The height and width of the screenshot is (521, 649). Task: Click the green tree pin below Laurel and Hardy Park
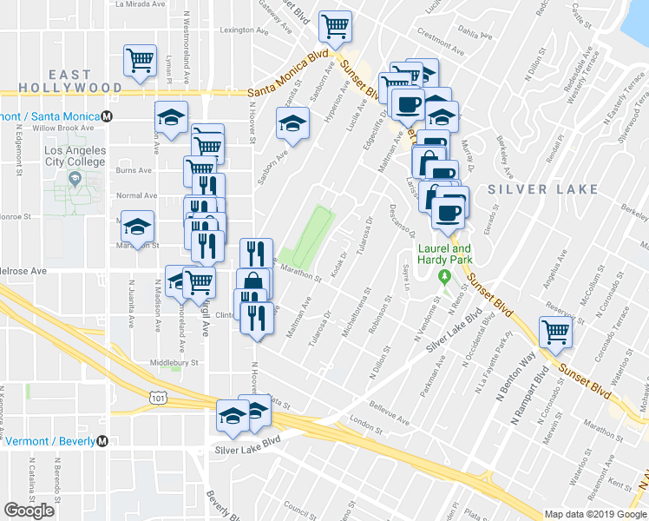point(444,277)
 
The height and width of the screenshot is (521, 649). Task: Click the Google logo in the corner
point(29,511)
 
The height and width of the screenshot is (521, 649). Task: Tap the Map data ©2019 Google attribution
point(595,514)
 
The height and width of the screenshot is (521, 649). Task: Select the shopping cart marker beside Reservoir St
point(554,331)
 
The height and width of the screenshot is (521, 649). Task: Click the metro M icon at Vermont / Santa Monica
point(107,115)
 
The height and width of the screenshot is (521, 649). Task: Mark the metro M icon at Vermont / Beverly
point(102,441)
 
